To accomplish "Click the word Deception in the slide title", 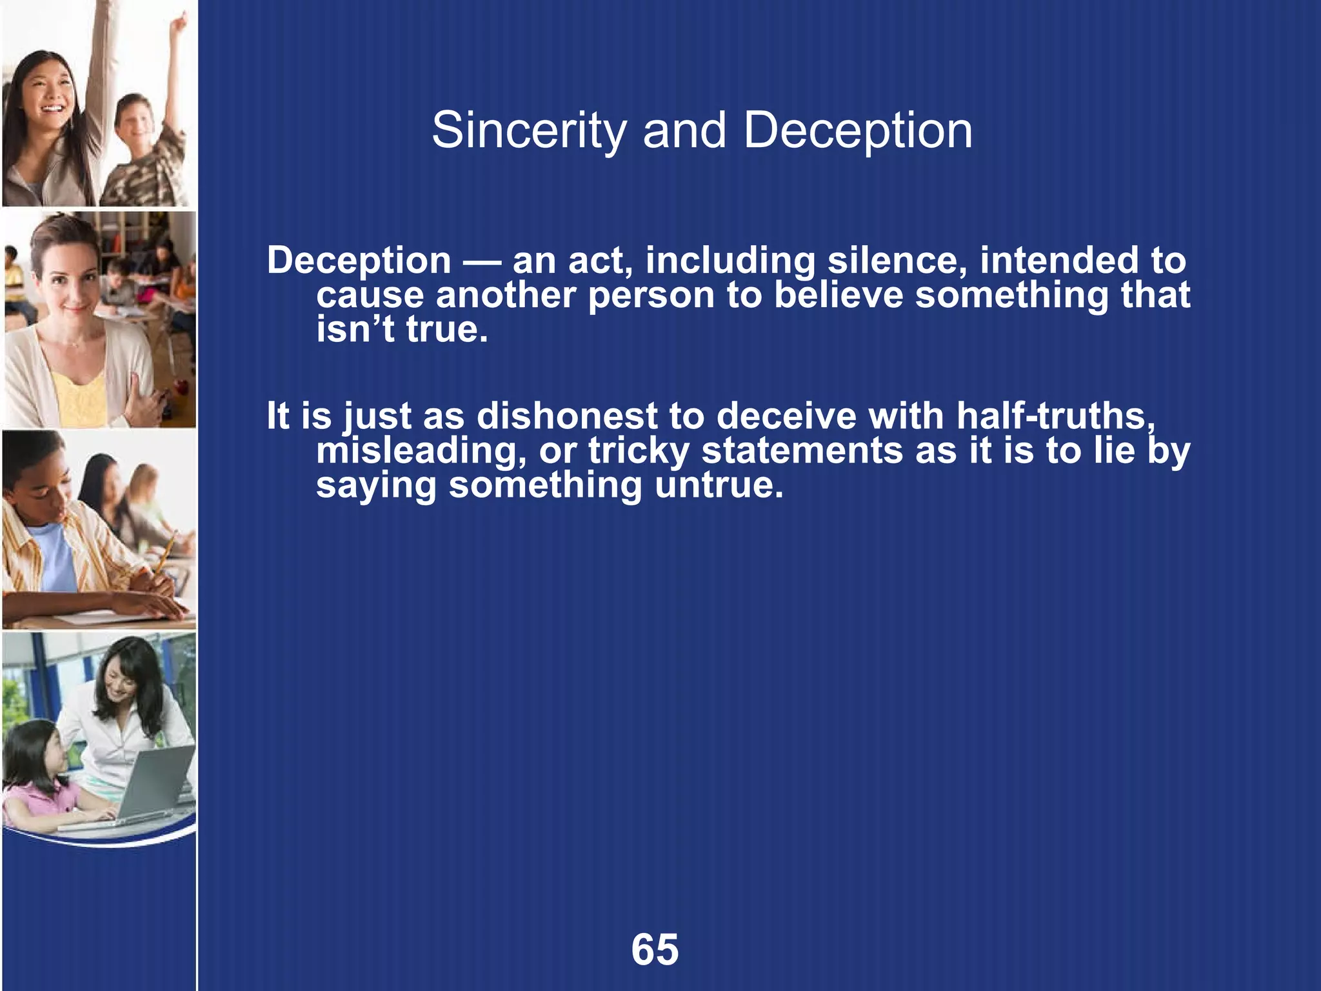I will coord(857,131).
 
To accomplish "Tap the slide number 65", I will coord(655,950).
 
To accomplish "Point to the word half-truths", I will coord(1055,415).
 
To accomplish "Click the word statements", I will coord(802,450).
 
